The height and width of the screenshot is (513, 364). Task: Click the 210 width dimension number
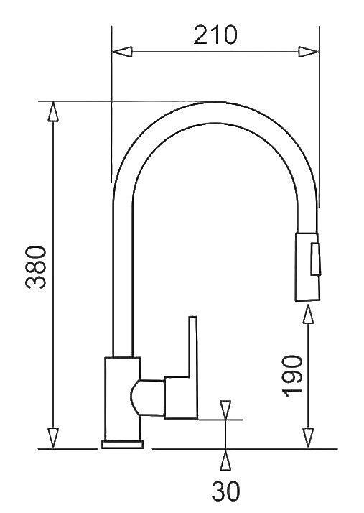click(x=215, y=35)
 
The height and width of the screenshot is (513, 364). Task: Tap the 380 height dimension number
click(x=36, y=267)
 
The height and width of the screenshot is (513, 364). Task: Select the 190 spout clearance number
click(x=293, y=376)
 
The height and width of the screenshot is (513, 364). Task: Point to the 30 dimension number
click(x=225, y=491)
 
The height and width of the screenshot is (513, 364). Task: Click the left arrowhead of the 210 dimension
click(x=122, y=52)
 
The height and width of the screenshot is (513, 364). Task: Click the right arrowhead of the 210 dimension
click(x=309, y=52)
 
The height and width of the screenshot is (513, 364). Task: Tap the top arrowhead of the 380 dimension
click(x=53, y=111)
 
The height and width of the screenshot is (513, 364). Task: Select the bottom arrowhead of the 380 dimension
click(x=53, y=438)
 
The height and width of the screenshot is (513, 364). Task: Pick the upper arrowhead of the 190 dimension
click(x=308, y=314)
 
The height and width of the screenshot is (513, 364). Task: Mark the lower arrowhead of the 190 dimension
click(x=308, y=438)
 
